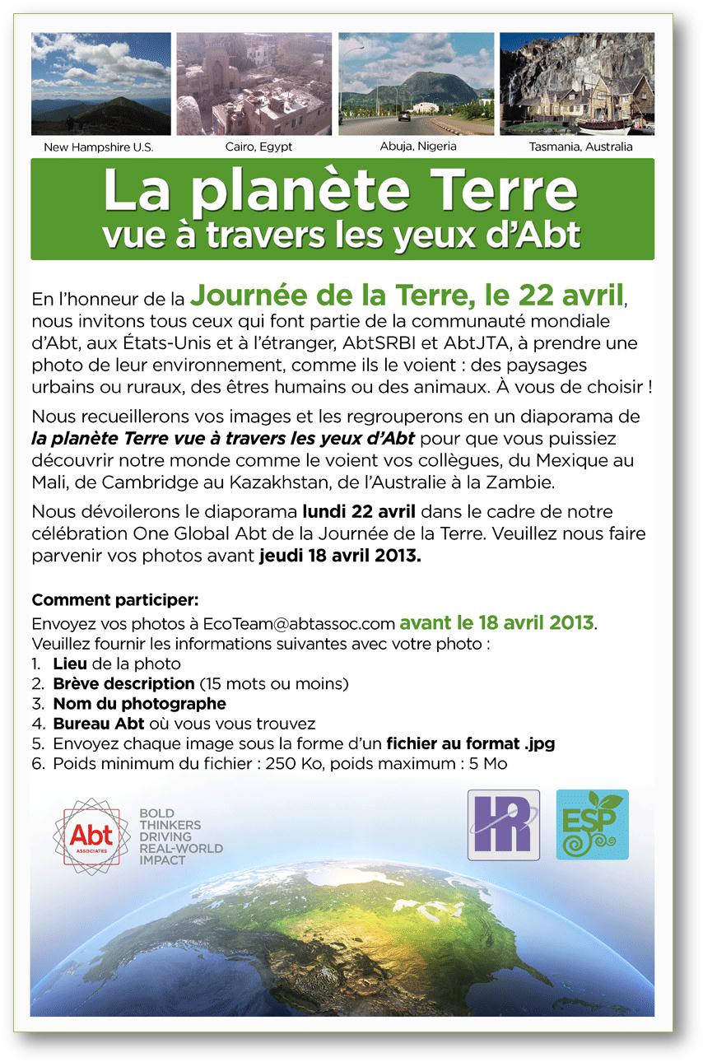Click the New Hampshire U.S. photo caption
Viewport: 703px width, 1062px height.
pyautogui.click(x=99, y=147)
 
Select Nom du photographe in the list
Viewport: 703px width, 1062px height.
pyautogui.click(x=139, y=703)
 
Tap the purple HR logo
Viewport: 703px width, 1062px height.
pyautogui.click(x=503, y=825)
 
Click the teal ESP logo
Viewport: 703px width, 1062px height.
pyautogui.click(x=592, y=825)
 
